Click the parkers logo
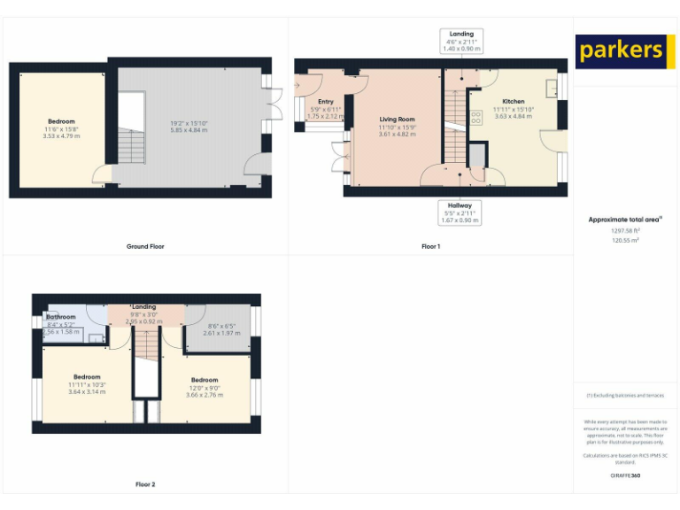tap(620, 50)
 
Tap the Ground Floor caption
tap(144, 246)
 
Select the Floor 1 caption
tap(430, 246)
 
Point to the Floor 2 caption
tap(144, 484)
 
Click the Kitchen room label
tap(514, 101)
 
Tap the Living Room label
tap(398, 119)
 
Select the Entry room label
tap(326, 102)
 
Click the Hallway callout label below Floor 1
tap(460, 205)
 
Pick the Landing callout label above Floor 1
tap(461, 34)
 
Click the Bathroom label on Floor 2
tap(61, 316)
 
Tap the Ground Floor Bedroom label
tap(61, 121)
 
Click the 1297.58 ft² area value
tap(625, 230)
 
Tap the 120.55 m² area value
tap(625, 239)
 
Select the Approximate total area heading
tap(625, 220)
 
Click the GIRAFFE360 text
tap(625, 475)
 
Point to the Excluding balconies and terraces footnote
tap(625, 396)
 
